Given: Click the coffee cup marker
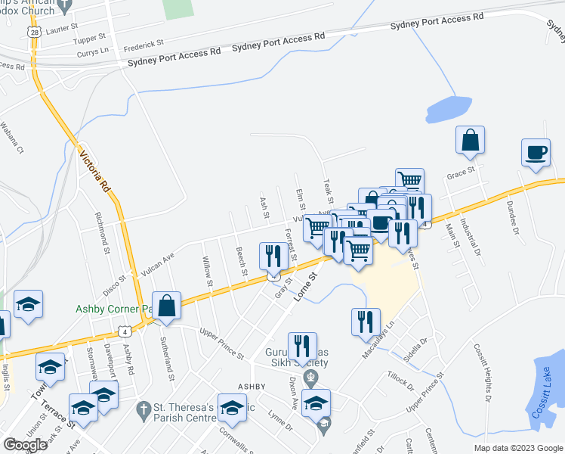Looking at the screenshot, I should point(536,151).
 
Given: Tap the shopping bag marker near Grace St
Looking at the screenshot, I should point(470,141).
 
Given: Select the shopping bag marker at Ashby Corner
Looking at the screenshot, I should point(167,306).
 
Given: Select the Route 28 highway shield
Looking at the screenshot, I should point(32,33).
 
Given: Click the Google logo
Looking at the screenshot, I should point(26,445).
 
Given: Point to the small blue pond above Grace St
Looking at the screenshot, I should point(449,109).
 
